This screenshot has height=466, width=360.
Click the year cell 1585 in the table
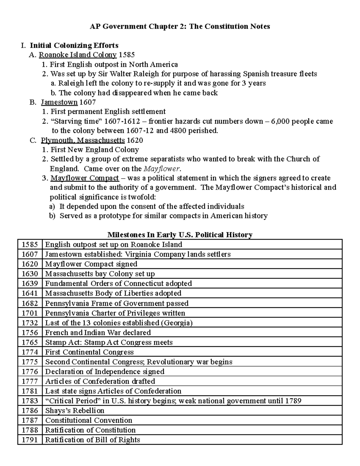click(x=30, y=244)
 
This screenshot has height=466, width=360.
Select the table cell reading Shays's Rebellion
click(x=74, y=410)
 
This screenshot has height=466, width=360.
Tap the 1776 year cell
click(x=30, y=371)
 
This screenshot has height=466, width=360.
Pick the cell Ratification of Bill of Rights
click(x=92, y=440)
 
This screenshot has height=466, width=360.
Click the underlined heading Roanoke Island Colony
click(x=78, y=55)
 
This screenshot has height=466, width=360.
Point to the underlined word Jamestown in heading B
click(x=59, y=102)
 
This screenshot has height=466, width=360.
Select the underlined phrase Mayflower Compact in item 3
click(x=85, y=178)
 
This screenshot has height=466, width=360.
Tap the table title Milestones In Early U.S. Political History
click(x=180, y=234)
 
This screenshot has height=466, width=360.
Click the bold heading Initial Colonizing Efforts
click(x=74, y=45)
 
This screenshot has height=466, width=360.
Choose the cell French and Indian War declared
click(x=98, y=332)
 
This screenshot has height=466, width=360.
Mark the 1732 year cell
click(x=30, y=323)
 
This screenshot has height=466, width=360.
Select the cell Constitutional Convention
click(x=88, y=420)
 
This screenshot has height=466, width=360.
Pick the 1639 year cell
click(x=30, y=283)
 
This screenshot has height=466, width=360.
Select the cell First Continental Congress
click(x=89, y=352)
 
